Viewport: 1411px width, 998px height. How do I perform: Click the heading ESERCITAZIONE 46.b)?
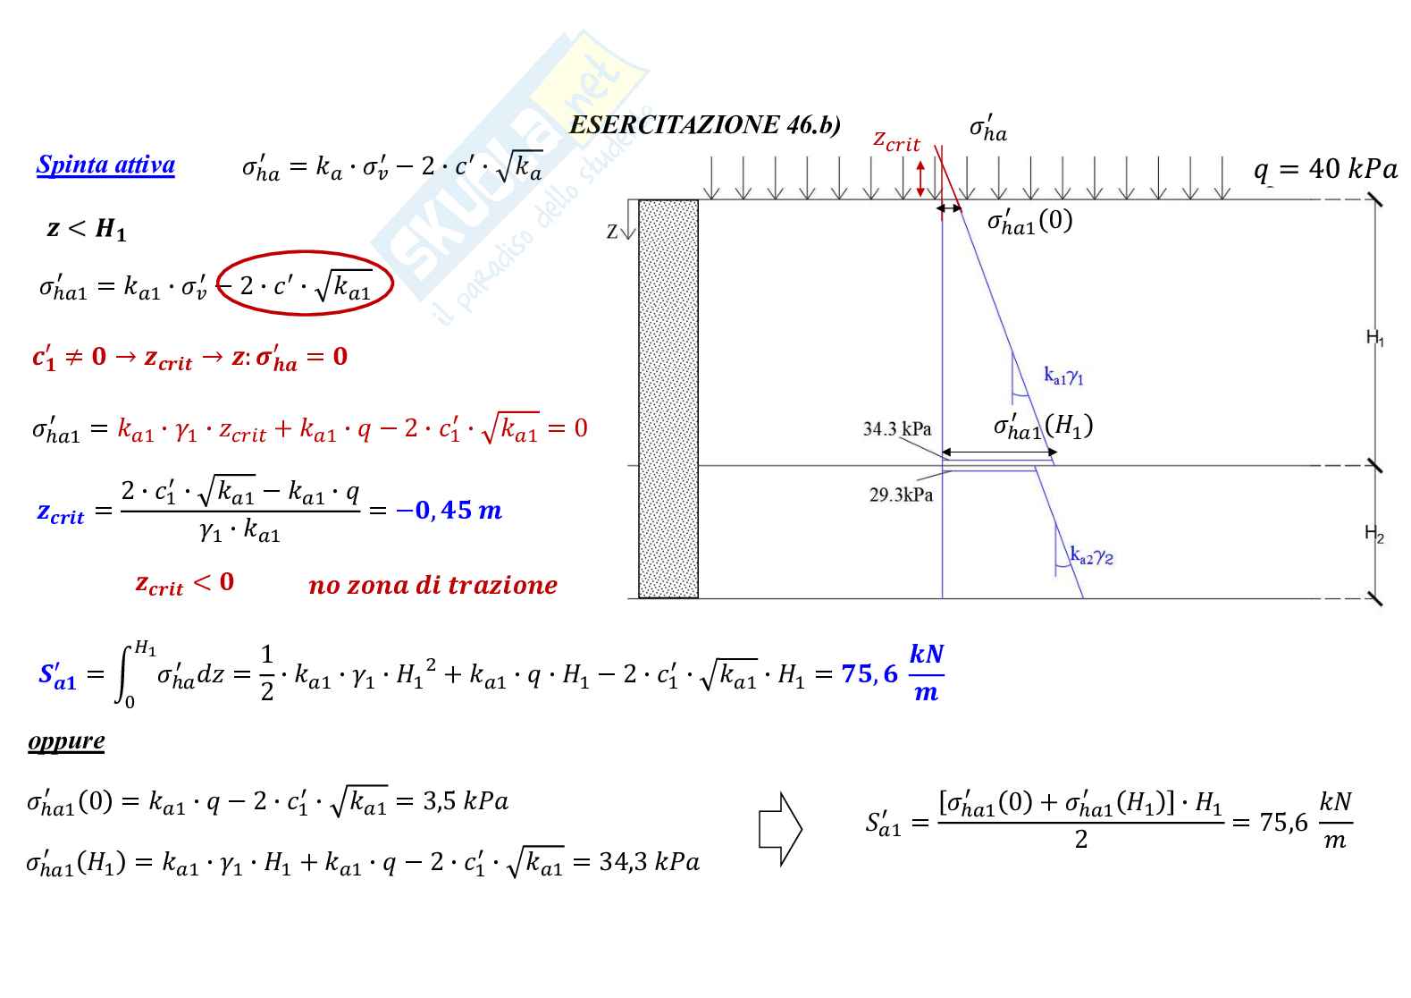tap(705, 125)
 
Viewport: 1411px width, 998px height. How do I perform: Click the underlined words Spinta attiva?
tap(105, 165)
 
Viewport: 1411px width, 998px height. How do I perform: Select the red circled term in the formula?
tap(305, 283)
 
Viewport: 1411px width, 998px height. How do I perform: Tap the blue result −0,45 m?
tap(449, 511)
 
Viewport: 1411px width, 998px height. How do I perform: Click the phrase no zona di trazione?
tap(433, 586)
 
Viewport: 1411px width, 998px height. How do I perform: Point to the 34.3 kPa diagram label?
tap(897, 429)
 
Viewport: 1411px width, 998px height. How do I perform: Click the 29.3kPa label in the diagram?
tap(901, 495)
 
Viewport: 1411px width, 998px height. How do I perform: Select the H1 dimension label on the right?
tap(1374, 338)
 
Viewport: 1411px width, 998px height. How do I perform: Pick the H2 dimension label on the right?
tap(1373, 534)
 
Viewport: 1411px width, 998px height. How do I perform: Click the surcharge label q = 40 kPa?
tap(1325, 169)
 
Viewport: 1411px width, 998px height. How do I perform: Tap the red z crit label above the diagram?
tap(896, 141)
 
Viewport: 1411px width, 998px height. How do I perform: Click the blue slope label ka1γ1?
tap(1063, 376)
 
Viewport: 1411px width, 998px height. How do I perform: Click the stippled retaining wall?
tap(668, 399)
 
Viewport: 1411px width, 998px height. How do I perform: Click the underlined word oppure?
tap(66, 741)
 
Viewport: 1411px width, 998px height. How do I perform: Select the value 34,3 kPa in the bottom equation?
tap(650, 862)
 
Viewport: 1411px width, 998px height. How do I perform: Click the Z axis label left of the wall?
tap(612, 232)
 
